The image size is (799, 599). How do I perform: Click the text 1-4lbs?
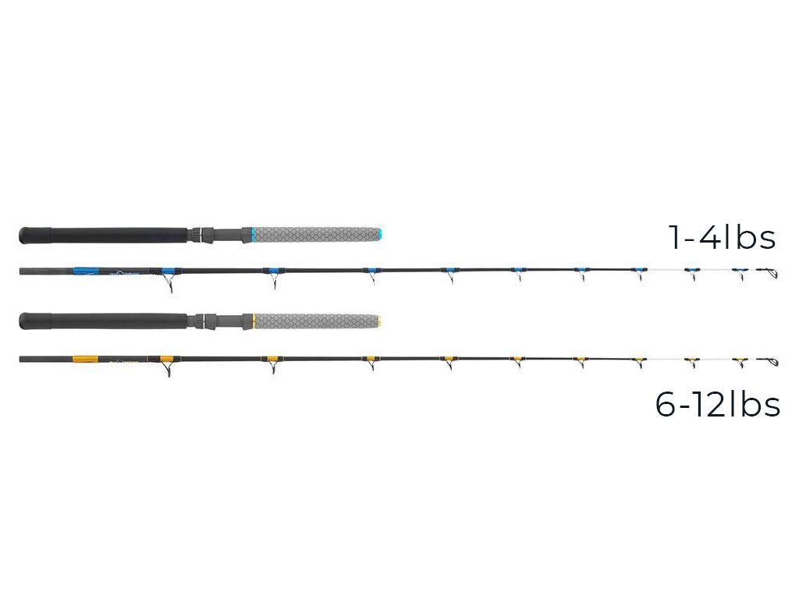tap(722, 238)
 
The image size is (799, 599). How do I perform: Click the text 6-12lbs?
tap(717, 405)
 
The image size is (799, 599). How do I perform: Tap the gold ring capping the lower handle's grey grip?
tap(378, 321)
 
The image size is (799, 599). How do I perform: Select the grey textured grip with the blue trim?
tap(312, 233)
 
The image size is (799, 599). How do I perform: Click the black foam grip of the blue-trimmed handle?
tap(109, 233)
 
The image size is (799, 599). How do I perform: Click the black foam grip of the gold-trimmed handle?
tap(109, 321)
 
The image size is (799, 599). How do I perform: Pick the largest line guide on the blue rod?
tap(168, 282)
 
